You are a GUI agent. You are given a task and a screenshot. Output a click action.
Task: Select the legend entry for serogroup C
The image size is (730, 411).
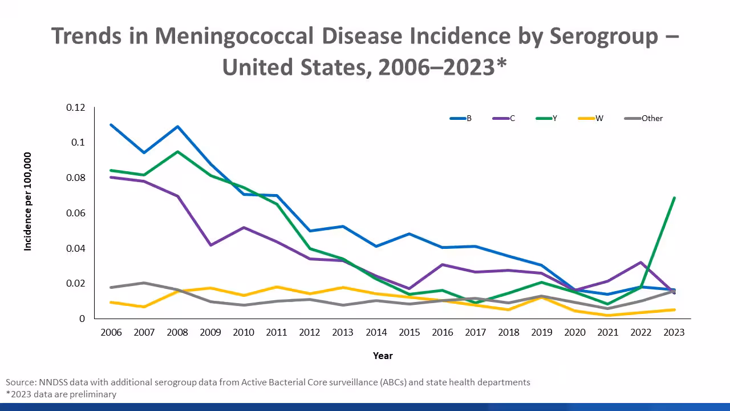point(504,118)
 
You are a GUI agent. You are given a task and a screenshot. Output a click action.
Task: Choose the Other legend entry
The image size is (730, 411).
point(644,118)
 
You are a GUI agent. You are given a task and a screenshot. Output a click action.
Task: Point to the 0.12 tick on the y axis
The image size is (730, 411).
point(75,107)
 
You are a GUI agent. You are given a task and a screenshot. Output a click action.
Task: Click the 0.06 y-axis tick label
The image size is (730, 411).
point(75,213)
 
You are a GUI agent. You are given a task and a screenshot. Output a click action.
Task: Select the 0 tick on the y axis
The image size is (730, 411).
point(82,319)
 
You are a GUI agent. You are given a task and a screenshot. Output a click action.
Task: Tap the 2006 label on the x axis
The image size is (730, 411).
point(111,333)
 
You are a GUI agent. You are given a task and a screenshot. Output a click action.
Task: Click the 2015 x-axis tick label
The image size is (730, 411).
point(409,333)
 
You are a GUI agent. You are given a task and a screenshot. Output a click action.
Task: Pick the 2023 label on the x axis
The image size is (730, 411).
point(674,333)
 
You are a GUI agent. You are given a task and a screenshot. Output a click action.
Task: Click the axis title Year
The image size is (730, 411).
point(383,356)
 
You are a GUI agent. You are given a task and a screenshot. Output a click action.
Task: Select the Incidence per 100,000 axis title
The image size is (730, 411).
point(27,201)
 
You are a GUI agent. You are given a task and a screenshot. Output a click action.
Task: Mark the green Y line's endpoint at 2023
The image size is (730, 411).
point(674,198)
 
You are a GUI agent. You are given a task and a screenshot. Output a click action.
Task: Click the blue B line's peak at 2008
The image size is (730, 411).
point(177,127)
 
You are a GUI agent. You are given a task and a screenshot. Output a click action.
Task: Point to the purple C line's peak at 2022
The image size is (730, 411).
point(641,263)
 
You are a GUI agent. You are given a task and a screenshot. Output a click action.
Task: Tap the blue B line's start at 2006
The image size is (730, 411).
point(111,125)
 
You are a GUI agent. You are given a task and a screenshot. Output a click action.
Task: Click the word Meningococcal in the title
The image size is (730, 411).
point(234,36)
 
